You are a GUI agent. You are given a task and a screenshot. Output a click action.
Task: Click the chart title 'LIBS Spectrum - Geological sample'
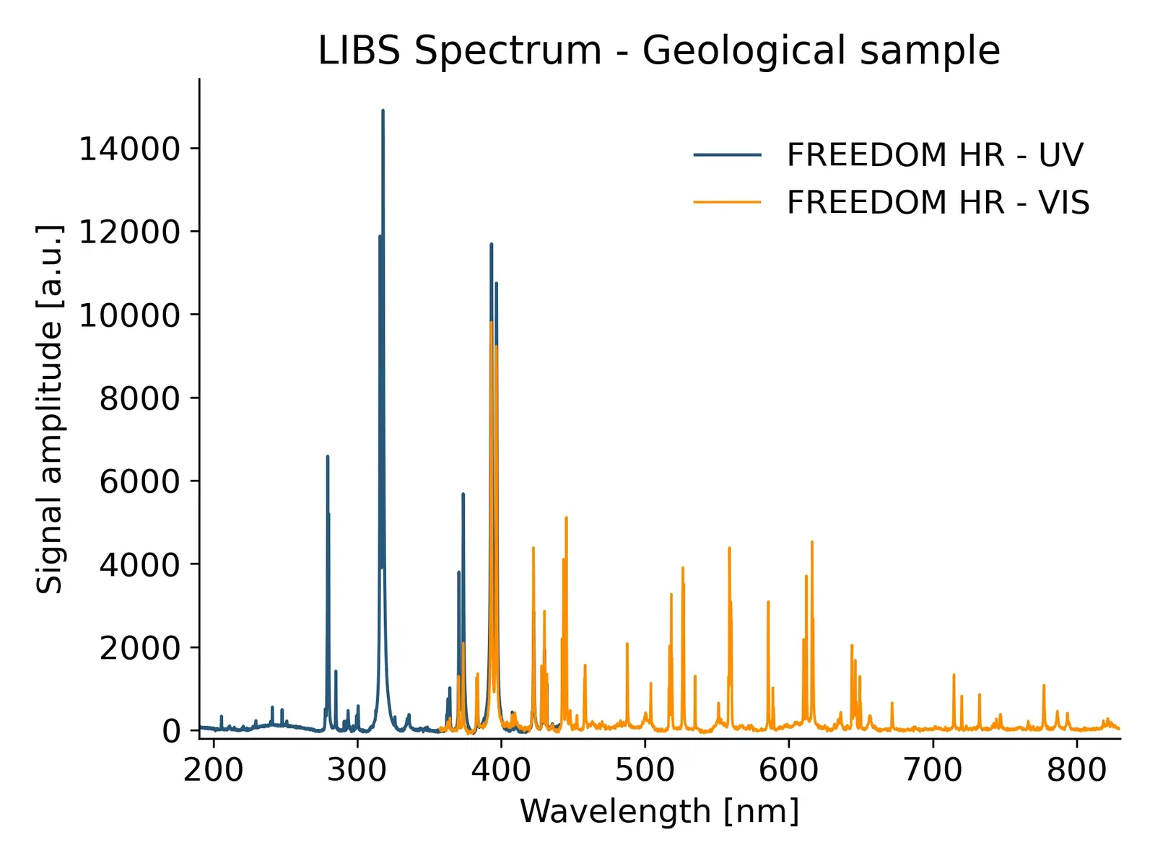point(658,51)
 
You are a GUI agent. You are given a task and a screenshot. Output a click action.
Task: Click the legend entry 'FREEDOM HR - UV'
point(935,154)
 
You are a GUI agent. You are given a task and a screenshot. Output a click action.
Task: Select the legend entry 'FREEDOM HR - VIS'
point(938,202)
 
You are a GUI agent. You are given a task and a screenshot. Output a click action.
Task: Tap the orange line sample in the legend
point(727,202)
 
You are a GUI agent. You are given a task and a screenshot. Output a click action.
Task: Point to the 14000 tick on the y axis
point(128,149)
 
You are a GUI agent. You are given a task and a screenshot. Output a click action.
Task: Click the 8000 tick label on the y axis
point(139,398)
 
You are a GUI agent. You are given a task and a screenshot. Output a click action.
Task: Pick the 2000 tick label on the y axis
point(139,648)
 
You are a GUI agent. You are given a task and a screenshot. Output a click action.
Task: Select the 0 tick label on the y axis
point(171,731)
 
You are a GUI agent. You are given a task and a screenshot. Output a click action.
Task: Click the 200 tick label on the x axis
point(213,770)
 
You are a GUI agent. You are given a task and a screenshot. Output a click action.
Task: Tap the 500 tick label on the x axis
point(645,770)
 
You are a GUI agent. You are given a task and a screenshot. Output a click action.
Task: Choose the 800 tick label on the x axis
point(1076,770)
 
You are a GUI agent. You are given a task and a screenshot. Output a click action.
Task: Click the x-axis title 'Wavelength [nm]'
point(659,811)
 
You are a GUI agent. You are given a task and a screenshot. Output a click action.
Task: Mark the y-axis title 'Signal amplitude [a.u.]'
point(49,408)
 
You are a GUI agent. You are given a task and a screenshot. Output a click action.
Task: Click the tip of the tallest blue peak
point(383,110)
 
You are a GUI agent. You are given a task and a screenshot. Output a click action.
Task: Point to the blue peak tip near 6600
point(328,456)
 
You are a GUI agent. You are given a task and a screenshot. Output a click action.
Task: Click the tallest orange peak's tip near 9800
point(492,322)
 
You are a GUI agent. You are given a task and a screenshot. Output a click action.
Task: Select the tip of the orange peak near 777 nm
point(1044,685)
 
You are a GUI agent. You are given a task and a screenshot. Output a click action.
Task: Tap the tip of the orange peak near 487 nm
point(627,643)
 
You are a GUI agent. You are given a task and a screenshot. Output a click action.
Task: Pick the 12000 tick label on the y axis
point(128,232)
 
